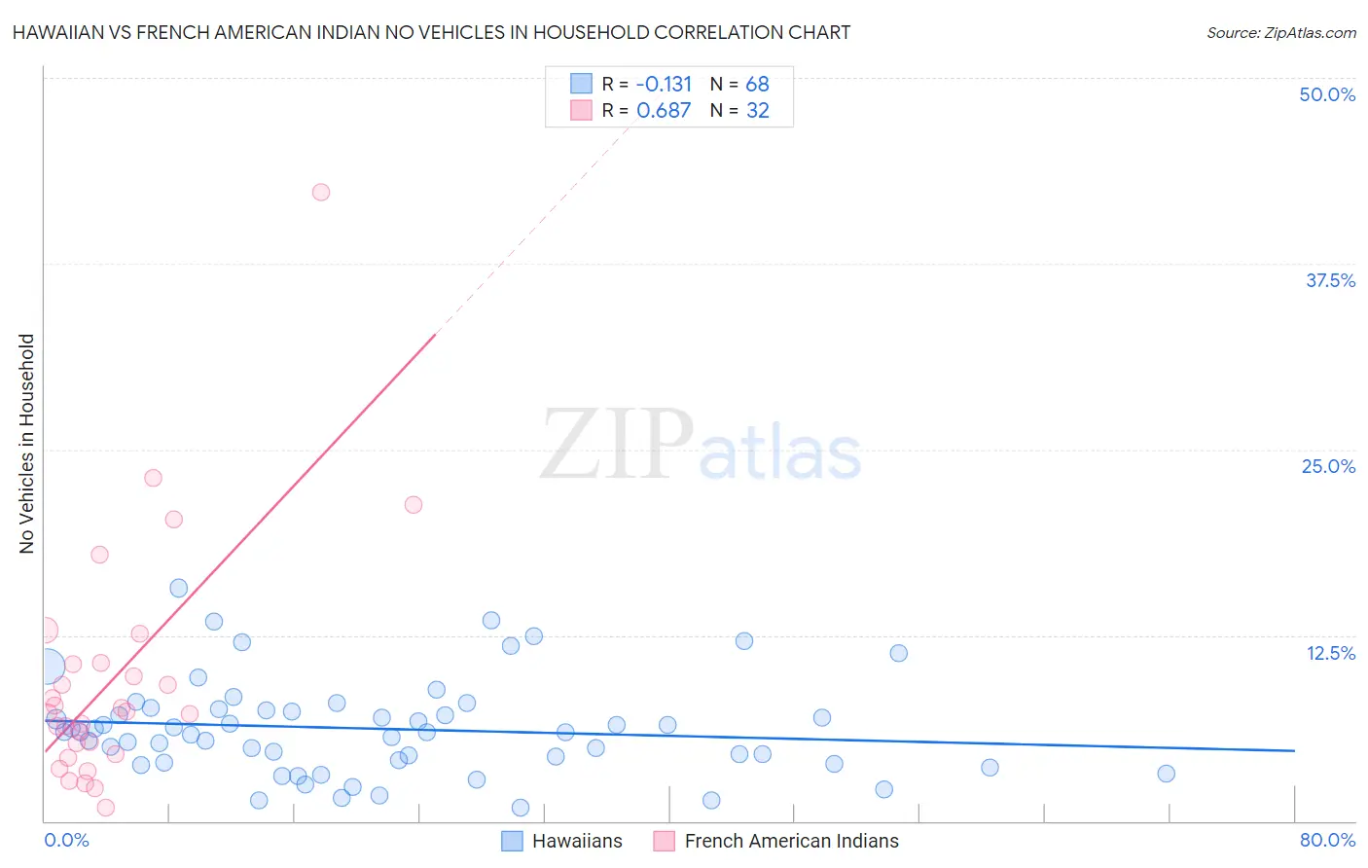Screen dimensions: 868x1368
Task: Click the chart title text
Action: point(431,33)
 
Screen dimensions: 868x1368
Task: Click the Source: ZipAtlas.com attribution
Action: point(1280,33)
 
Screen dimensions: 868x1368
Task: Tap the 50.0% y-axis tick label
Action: point(1327,94)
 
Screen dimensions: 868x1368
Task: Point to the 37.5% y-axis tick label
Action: point(1330,280)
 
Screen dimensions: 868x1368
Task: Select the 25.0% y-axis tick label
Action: point(1328,466)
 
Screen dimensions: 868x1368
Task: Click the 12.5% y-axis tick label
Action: point(1330,653)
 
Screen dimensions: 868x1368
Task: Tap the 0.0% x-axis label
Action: point(66,840)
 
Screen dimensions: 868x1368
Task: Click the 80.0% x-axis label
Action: point(1327,840)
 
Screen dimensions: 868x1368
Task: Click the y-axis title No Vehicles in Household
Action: point(27,444)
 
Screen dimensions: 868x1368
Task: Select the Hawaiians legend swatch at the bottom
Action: point(513,841)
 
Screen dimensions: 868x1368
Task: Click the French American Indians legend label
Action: point(791,841)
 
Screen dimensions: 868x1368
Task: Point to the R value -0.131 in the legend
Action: point(664,85)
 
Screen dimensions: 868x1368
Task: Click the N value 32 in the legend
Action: point(757,111)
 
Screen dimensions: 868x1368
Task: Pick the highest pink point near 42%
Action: point(320,192)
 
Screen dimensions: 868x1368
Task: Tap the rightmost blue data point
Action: point(1166,774)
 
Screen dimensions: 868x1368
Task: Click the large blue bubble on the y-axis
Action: point(46,667)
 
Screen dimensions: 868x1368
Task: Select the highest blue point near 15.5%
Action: point(178,588)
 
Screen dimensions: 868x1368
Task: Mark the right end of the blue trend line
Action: point(1294,750)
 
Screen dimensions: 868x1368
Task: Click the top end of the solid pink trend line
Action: point(435,333)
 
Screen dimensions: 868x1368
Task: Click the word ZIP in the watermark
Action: point(617,445)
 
